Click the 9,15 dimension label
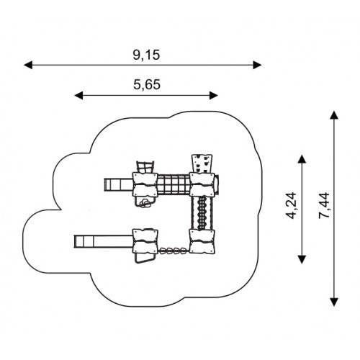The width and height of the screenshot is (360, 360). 146,55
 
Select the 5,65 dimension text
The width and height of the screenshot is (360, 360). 147,85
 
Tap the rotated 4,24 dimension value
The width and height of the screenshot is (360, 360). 292,205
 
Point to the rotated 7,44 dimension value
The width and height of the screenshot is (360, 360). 324,205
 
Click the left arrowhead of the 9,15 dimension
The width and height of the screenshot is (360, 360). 28,65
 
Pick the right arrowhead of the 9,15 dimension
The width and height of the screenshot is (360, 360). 257,65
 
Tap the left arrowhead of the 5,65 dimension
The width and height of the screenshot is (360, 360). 78,95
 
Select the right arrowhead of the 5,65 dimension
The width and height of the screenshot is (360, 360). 214,95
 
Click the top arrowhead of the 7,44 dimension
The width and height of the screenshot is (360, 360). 334,115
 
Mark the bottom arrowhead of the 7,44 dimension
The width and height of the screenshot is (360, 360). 334,302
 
